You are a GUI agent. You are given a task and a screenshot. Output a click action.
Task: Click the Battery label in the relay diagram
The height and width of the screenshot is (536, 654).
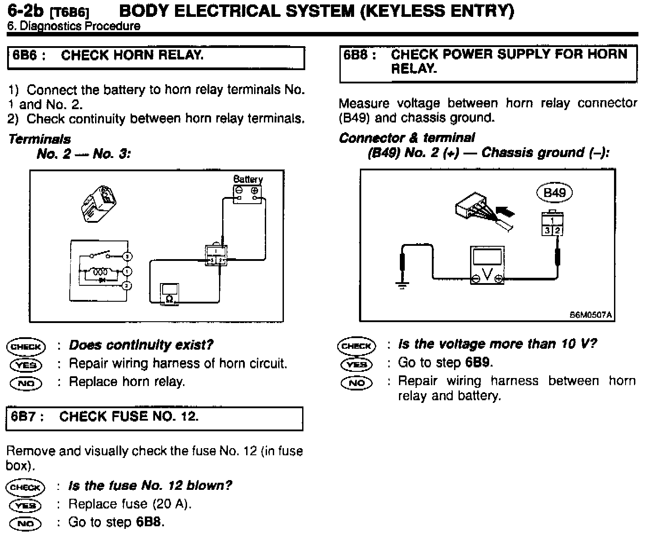248,179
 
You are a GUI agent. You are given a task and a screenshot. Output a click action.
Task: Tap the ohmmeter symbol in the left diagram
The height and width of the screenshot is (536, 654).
169,293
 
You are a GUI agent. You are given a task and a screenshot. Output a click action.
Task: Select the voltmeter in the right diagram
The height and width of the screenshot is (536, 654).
487,265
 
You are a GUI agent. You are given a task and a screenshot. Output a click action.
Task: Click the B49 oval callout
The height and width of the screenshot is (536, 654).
554,193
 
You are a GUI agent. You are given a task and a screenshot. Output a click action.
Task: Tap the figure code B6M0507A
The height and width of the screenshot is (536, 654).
591,315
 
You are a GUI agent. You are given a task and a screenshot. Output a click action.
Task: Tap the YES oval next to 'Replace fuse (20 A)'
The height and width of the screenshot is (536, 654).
26,505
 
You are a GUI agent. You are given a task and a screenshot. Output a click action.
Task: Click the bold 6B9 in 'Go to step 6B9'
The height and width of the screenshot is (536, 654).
478,363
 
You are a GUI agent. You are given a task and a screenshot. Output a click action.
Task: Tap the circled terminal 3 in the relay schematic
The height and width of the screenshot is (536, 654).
127,256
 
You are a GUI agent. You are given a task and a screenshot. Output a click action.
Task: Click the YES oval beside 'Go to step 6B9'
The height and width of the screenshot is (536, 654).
356,364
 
